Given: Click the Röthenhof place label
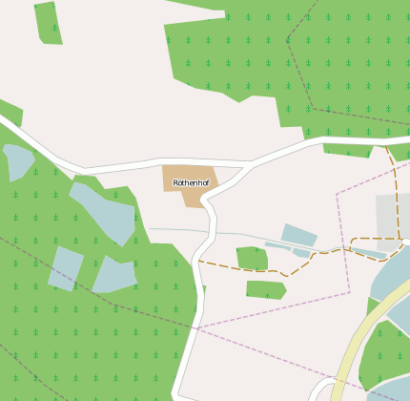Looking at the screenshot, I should coord(191,182).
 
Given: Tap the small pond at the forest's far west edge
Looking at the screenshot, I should coord(18,160).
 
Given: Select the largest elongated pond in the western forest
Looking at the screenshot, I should coord(103,210).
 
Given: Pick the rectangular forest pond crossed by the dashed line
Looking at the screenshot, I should coord(66,267).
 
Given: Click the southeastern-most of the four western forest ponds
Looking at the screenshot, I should coord(113,275).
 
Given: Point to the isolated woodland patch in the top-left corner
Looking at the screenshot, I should coord(49,22).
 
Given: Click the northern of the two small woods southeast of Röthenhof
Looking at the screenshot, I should coord(252,258).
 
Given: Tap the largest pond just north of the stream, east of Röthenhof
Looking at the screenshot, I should coord(298,235).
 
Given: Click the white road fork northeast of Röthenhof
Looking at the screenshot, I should coord(250,166).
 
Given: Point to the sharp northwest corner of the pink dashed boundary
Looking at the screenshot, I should coord(337,195).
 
